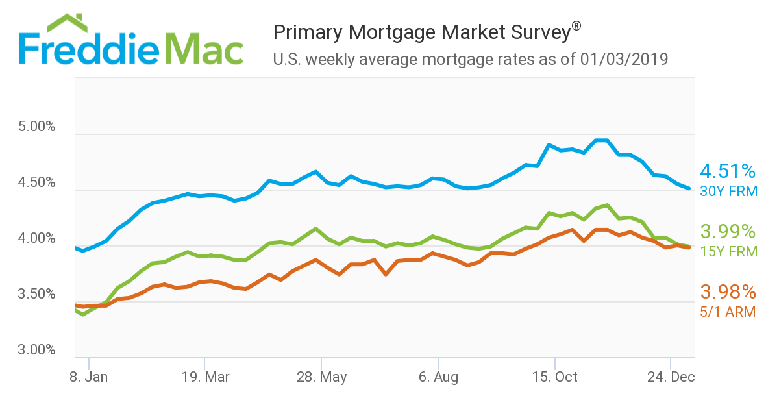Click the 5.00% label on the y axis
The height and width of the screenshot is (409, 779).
37,127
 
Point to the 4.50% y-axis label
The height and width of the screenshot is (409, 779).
37,183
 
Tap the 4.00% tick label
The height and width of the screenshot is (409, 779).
37,239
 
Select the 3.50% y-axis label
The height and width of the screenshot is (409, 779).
37,295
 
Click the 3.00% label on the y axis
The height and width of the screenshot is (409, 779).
37,351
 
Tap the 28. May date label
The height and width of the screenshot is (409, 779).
323,377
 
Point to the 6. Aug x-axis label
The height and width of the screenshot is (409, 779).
439,377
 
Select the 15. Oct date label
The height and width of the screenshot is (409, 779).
556,377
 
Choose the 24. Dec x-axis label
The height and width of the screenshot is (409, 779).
671,377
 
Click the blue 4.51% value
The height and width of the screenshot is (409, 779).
728,171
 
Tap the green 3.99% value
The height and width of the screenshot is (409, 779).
728,232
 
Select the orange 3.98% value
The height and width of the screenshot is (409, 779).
727,292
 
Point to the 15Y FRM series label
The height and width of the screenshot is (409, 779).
728,251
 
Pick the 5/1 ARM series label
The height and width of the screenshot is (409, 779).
727,312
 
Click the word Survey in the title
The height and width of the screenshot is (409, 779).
539,32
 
